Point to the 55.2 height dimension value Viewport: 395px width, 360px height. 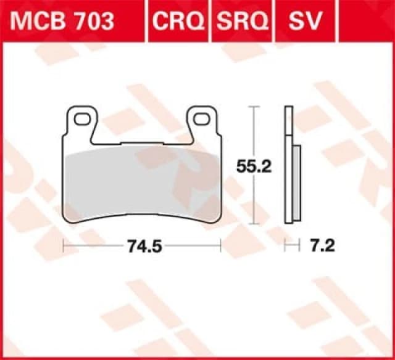point(254,166)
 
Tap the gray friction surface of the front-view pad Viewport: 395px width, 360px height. point(142,185)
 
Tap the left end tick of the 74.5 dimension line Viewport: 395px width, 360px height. point(64,247)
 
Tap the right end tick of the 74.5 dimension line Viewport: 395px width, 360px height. point(220,247)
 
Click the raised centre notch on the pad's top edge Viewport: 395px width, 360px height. point(141,143)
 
